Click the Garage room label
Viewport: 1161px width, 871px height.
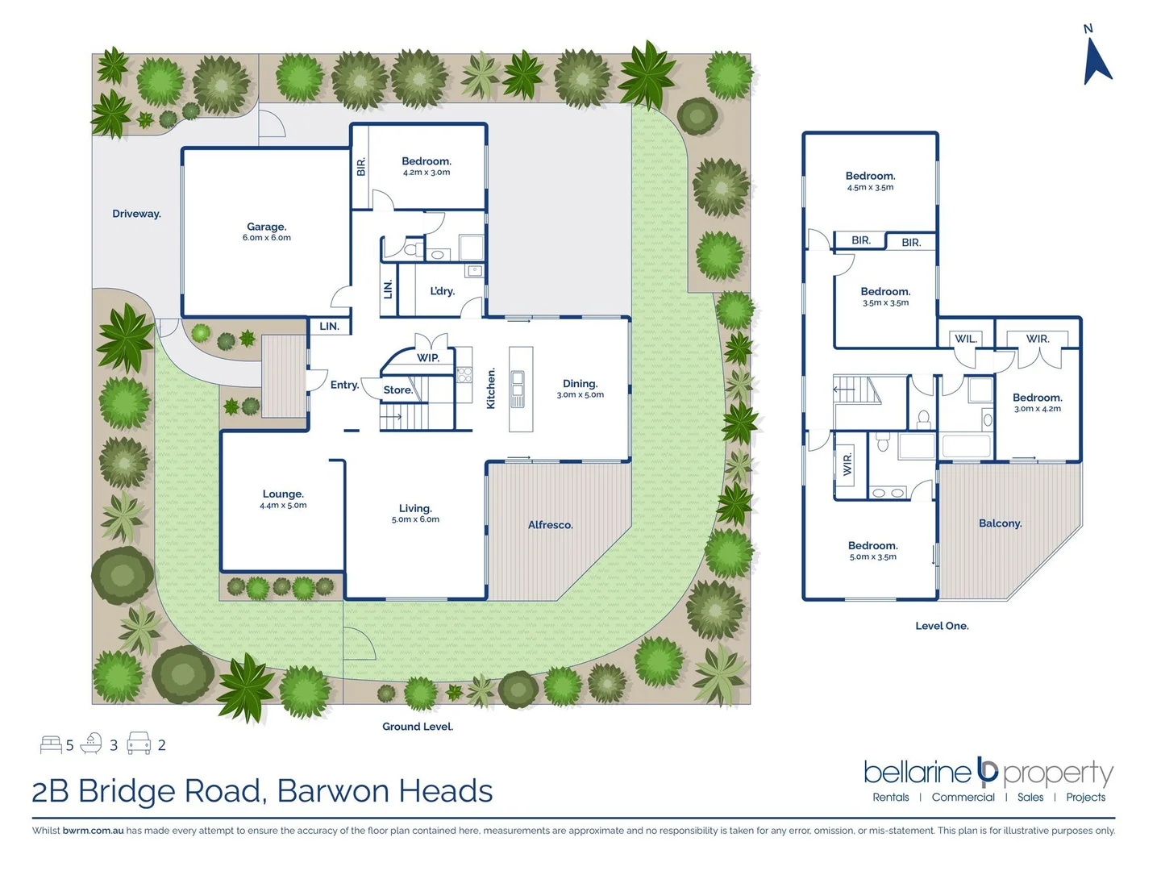point(266,227)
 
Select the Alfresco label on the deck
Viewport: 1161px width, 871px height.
point(550,525)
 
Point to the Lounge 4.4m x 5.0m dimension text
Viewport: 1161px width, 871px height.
point(283,506)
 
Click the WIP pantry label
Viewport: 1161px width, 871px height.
point(427,358)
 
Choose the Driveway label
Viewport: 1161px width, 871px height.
point(136,214)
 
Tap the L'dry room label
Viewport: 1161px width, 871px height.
point(442,291)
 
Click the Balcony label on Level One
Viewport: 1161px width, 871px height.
point(1000,523)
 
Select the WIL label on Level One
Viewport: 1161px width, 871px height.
point(965,339)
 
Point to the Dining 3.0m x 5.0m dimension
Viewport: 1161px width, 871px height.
point(580,395)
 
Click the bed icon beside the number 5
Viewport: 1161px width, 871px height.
point(51,744)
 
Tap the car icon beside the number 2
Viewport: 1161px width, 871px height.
point(139,744)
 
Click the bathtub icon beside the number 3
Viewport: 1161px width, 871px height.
point(92,744)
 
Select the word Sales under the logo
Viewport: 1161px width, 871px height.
point(1030,797)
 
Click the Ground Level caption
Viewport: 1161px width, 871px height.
point(417,727)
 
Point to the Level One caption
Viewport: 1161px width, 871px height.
point(942,626)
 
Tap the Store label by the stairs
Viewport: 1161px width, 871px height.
point(397,390)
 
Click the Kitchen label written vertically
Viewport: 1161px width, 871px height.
point(491,389)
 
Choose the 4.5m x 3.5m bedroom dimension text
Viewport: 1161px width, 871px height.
point(870,187)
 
